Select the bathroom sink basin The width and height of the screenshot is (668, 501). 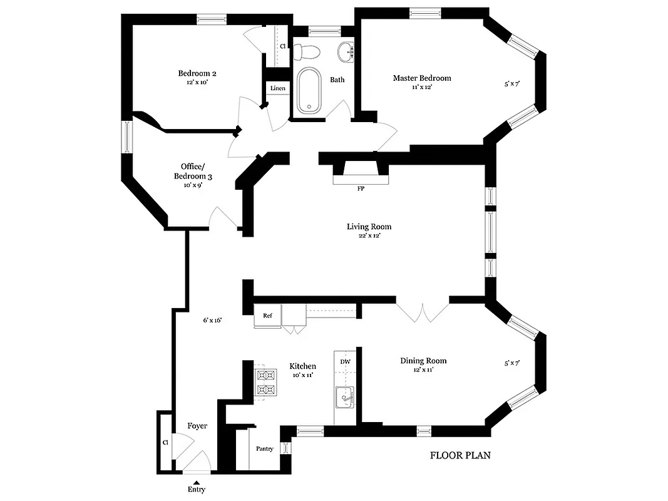tap(345, 51)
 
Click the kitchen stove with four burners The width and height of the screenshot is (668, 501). tap(265, 383)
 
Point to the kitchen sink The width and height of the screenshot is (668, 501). tap(344, 397)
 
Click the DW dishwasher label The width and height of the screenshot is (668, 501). tap(345, 362)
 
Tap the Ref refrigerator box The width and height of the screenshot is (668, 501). tap(267, 316)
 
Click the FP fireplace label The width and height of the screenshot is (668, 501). tap(361, 188)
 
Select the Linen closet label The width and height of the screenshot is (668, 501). tap(278, 88)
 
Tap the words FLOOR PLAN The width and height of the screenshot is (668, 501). tap(460, 455)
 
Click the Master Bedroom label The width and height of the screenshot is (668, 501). tap(422, 78)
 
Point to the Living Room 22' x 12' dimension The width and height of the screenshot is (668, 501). tap(369, 236)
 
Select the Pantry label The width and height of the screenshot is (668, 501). tap(265, 448)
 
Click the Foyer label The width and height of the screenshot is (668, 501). tap(197, 426)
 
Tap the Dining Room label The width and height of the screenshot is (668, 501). tap(423, 361)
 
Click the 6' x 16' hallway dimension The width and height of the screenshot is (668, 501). tap(212, 320)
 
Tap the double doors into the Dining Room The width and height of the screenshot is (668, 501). tap(423, 312)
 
